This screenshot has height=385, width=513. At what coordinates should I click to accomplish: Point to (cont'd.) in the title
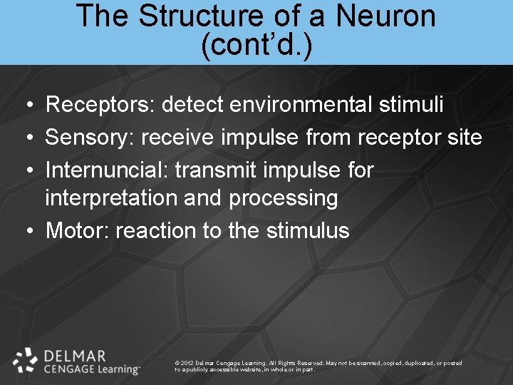pos(256,46)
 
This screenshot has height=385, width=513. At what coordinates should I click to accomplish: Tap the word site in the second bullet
pos(463,137)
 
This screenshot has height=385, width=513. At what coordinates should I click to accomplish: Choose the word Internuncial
pos(106,170)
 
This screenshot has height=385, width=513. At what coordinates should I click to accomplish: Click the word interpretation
pos(111,198)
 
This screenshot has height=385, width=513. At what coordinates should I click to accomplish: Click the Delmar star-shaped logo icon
pos(26,360)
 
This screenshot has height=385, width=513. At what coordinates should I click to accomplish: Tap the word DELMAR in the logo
pos(74,355)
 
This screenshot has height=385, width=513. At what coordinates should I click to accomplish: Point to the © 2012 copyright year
pos(184,363)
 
